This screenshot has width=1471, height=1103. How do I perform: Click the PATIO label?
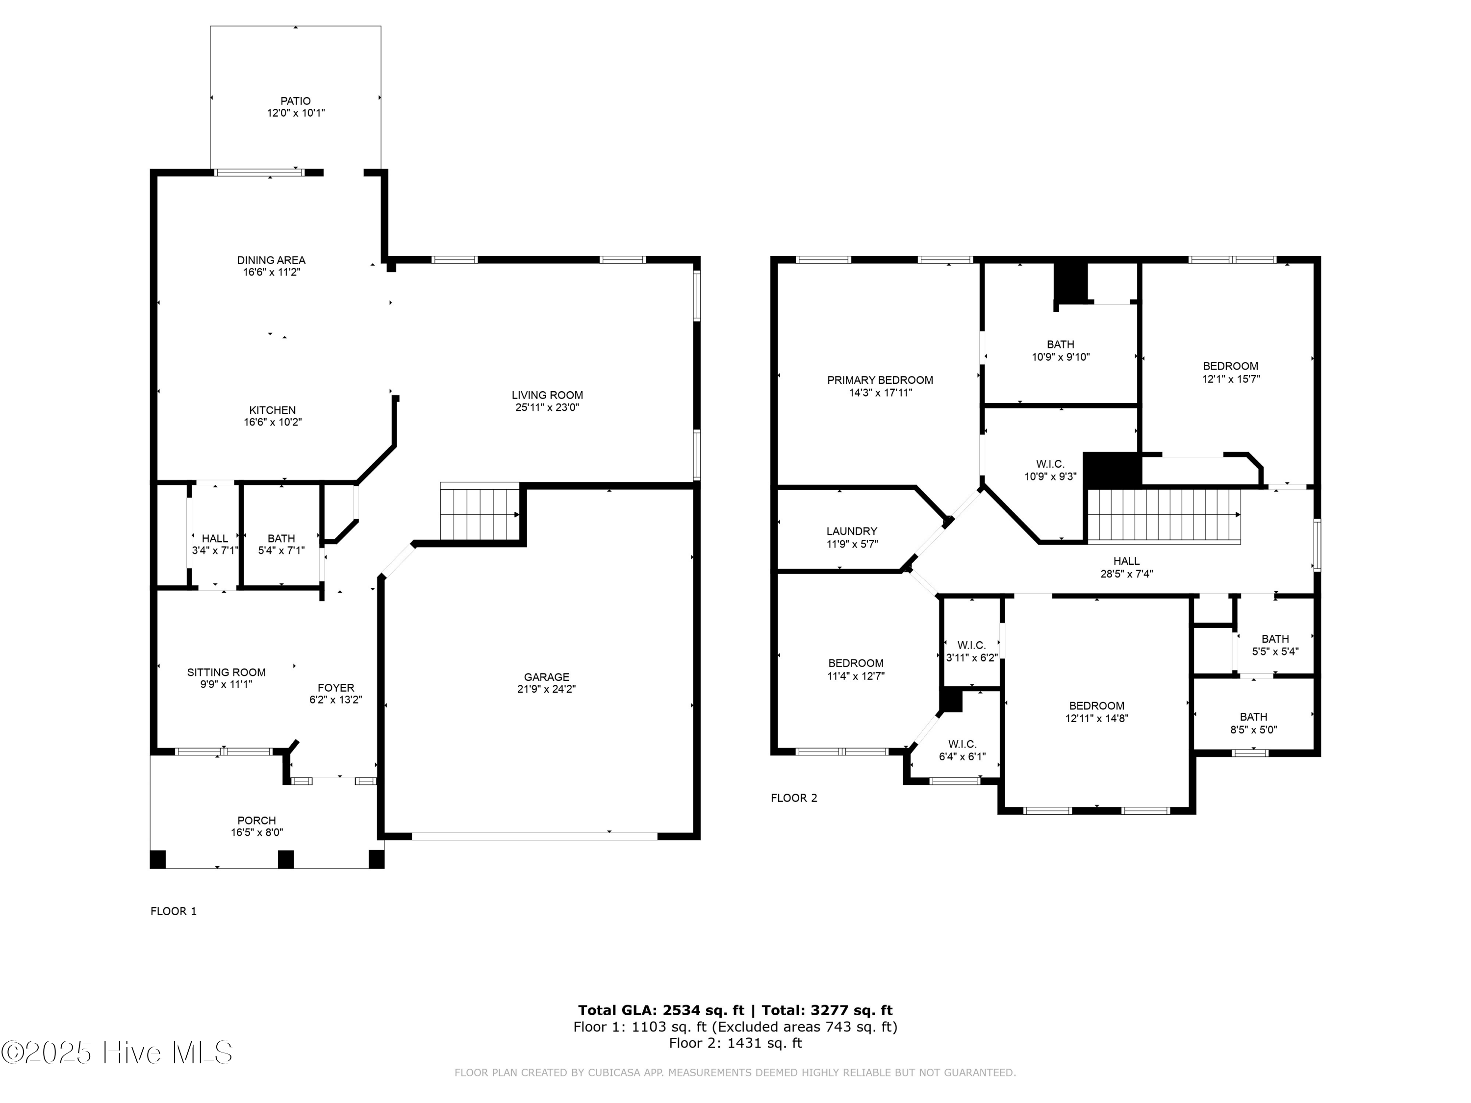(x=295, y=101)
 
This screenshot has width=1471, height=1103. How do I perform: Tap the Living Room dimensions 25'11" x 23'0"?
(x=547, y=407)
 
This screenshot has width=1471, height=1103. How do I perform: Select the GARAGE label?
(x=546, y=677)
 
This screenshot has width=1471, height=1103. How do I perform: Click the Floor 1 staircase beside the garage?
(x=479, y=513)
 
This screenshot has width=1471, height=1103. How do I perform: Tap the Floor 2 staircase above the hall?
(x=1164, y=516)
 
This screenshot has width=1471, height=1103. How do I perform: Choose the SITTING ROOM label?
(x=226, y=672)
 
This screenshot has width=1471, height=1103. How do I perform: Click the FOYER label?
(x=335, y=687)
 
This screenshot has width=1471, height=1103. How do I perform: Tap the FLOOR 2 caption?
(x=793, y=798)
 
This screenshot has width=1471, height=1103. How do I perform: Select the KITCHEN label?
(x=272, y=410)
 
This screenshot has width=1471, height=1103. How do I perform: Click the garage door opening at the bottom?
(x=534, y=836)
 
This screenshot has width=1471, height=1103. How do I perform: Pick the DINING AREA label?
(x=271, y=260)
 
